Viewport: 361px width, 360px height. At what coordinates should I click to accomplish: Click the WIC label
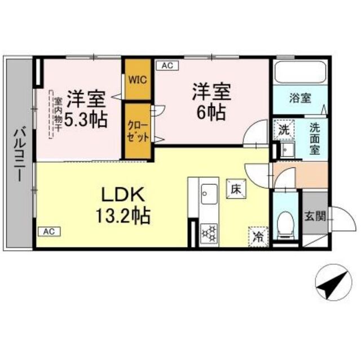(x=138, y=79)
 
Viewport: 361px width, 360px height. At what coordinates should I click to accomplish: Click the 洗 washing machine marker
(x=285, y=128)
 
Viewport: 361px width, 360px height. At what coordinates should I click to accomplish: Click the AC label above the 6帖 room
(x=166, y=66)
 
